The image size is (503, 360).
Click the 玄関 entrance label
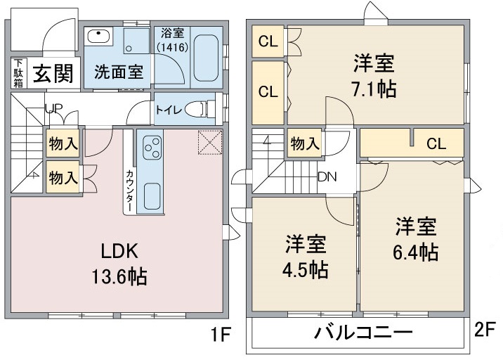click(x=53, y=73)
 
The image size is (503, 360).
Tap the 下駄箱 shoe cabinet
click(x=18, y=73)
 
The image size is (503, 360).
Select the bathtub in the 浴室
click(x=206, y=58)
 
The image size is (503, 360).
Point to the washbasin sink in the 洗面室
click(x=98, y=37)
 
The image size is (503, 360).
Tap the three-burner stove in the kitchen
click(x=152, y=148)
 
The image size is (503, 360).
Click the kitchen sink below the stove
click(x=152, y=196)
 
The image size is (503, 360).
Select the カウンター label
click(x=129, y=191)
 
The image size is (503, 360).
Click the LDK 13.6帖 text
click(x=119, y=264)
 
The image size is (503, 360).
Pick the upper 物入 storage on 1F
click(x=63, y=143)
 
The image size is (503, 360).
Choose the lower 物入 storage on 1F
click(x=63, y=177)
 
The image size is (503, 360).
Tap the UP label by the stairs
click(x=53, y=109)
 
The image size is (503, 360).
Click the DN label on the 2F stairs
click(x=327, y=176)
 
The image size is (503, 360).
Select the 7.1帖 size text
click(x=374, y=89)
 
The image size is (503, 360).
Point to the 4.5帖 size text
click(x=305, y=269)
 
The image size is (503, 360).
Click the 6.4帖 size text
click(x=416, y=252)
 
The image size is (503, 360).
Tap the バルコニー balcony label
click(x=363, y=333)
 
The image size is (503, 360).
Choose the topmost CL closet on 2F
click(x=268, y=41)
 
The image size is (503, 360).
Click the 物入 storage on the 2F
click(x=305, y=143)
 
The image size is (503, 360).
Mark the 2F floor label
click(x=485, y=330)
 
